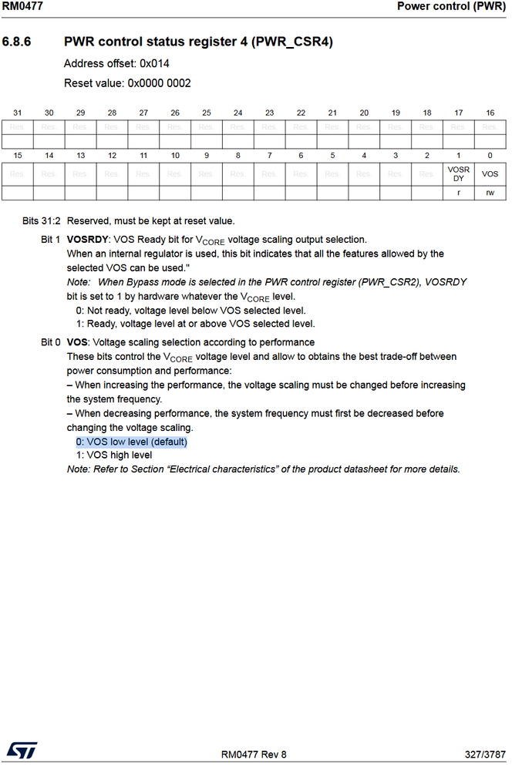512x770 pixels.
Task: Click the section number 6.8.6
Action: pyautogui.click(x=16, y=42)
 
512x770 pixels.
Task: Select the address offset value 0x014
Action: pyautogui.click(x=154, y=63)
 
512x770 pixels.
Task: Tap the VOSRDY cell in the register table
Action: pyautogui.click(x=458, y=173)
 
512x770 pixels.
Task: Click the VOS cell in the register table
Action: pyautogui.click(x=490, y=174)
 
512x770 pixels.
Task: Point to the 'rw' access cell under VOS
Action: pyautogui.click(x=490, y=193)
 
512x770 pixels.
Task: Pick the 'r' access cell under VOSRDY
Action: pyautogui.click(x=458, y=193)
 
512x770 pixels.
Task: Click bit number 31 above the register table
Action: pyautogui.click(x=18, y=113)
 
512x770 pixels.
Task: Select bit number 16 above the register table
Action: pyautogui.click(x=490, y=113)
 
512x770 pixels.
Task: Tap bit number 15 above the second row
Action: pyautogui.click(x=18, y=155)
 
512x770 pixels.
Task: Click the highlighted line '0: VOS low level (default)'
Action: pyautogui.click(x=131, y=442)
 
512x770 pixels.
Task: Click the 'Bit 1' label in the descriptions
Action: pyautogui.click(x=51, y=240)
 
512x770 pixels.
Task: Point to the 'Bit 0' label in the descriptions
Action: pyautogui.click(x=51, y=341)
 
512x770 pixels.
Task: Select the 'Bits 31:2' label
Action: pyautogui.click(x=42, y=221)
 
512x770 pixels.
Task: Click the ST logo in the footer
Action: pyautogui.click(x=18, y=749)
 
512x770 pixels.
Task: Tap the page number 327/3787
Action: pyautogui.click(x=485, y=754)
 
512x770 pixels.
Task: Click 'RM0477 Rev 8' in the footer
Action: pyautogui.click(x=253, y=754)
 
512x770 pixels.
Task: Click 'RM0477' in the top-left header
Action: pyautogui.click(x=22, y=6)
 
